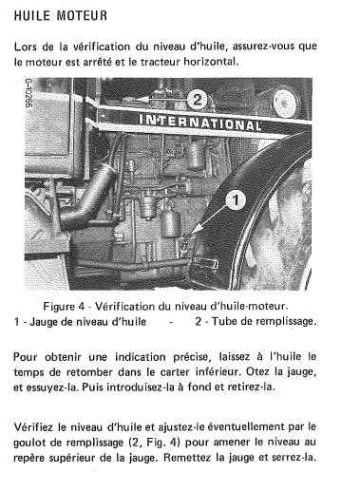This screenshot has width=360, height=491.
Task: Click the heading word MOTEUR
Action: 82,15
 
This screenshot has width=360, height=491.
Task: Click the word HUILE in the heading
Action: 32,15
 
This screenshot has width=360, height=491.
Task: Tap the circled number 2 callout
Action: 198,100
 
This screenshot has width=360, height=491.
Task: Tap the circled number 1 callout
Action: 236,200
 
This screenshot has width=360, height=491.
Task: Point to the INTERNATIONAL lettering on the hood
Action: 200,123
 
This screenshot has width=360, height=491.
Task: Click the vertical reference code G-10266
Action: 28,93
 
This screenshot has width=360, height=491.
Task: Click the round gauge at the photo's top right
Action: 285,103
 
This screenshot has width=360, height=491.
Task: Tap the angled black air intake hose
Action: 88,197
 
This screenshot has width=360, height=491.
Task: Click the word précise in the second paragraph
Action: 191,357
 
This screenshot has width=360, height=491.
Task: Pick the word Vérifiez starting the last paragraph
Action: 33,427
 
